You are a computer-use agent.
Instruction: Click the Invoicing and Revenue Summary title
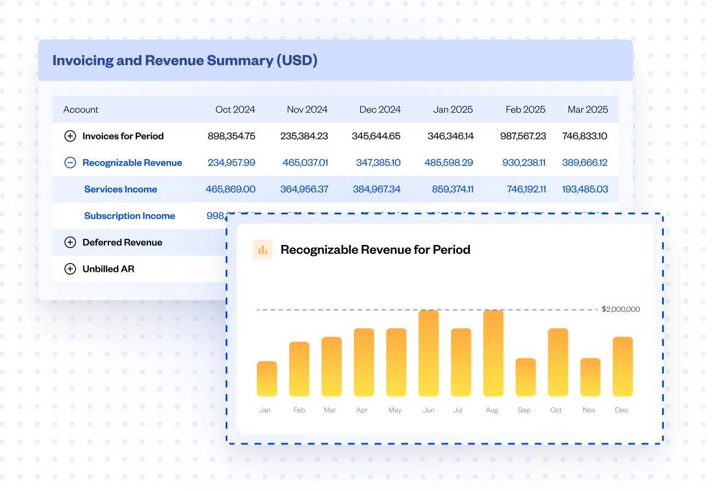click(x=185, y=60)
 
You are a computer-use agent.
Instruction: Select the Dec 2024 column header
click(x=380, y=110)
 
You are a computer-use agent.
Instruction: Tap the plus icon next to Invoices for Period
click(x=70, y=136)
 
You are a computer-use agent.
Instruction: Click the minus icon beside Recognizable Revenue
click(x=70, y=163)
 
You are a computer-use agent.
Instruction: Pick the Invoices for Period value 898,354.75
click(x=231, y=136)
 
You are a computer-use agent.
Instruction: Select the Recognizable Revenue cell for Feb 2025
click(x=524, y=163)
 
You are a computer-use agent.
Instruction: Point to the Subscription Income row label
click(x=129, y=216)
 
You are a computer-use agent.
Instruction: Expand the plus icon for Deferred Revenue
click(x=70, y=242)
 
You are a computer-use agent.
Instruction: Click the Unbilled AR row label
click(x=108, y=269)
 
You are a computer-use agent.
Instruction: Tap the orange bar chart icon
click(x=262, y=250)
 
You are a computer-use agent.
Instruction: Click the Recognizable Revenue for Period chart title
click(x=375, y=250)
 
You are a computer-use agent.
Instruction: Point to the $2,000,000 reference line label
click(x=621, y=309)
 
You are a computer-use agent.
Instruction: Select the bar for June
click(x=428, y=353)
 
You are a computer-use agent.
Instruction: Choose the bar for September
click(x=525, y=378)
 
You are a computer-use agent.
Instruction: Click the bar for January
click(x=267, y=379)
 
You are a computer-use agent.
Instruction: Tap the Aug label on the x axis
click(x=492, y=410)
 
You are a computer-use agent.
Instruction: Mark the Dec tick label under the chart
click(x=622, y=410)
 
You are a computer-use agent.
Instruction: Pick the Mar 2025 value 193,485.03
click(x=584, y=189)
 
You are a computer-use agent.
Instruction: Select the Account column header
click(x=81, y=110)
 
